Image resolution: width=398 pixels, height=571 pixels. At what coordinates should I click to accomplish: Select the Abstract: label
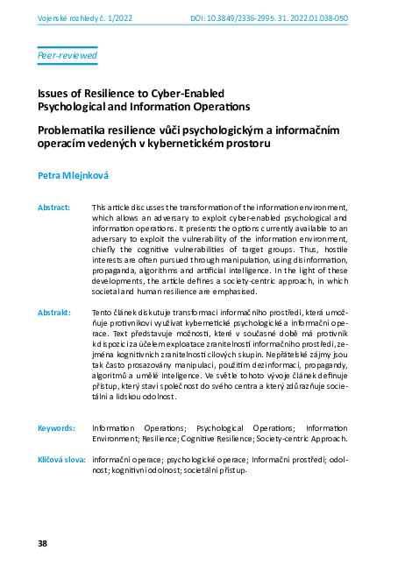pyautogui.click(x=53, y=208)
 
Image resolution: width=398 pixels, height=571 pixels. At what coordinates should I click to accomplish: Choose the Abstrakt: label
pyautogui.click(x=53, y=313)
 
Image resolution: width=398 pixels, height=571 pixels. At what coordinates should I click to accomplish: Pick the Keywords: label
pyautogui.click(x=56, y=427)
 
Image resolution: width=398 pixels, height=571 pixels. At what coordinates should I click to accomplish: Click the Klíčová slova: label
pyautogui.click(x=60, y=459)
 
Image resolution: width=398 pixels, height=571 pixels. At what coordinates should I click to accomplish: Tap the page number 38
pyautogui.click(x=42, y=544)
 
